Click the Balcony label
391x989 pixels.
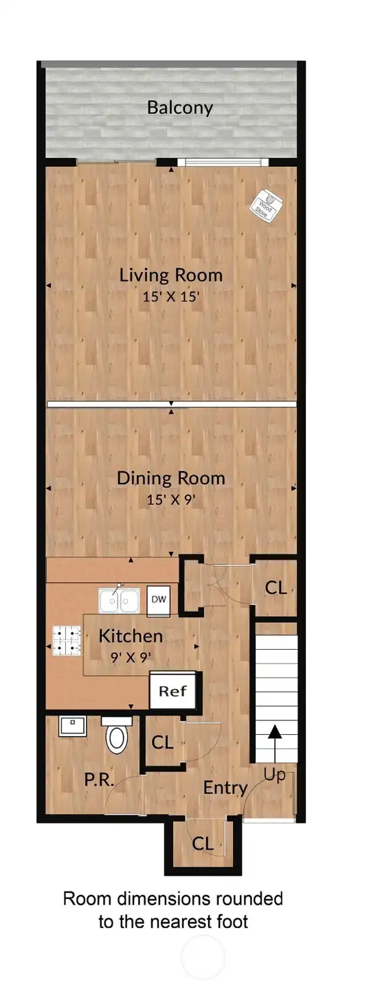(180, 108)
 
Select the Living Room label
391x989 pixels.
(170, 276)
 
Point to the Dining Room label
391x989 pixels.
(170, 478)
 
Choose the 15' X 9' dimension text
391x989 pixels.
(172, 499)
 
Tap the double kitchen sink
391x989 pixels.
(119, 602)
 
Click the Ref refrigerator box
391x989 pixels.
(172, 691)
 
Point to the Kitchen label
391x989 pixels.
(131, 636)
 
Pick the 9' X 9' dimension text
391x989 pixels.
(131, 657)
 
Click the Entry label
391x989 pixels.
(225, 788)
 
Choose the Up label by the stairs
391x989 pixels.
(275, 774)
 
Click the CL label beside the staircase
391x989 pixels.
(276, 588)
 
